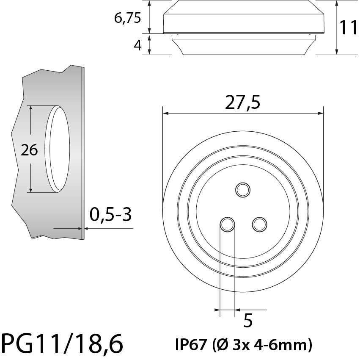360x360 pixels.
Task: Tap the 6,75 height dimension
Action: (127, 18)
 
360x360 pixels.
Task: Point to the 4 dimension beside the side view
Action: (137, 45)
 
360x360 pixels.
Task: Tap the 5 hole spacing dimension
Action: (248, 321)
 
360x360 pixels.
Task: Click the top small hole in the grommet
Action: (243, 190)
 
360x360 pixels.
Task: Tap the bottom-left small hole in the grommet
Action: (227, 224)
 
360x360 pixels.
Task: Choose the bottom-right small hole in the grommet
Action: (259, 224)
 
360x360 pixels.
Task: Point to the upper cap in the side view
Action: (244, 19)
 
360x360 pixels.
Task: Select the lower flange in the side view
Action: (244, 45)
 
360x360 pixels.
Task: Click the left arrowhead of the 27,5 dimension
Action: (166, 114)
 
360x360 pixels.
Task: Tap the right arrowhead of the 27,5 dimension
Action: (320, 114)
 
